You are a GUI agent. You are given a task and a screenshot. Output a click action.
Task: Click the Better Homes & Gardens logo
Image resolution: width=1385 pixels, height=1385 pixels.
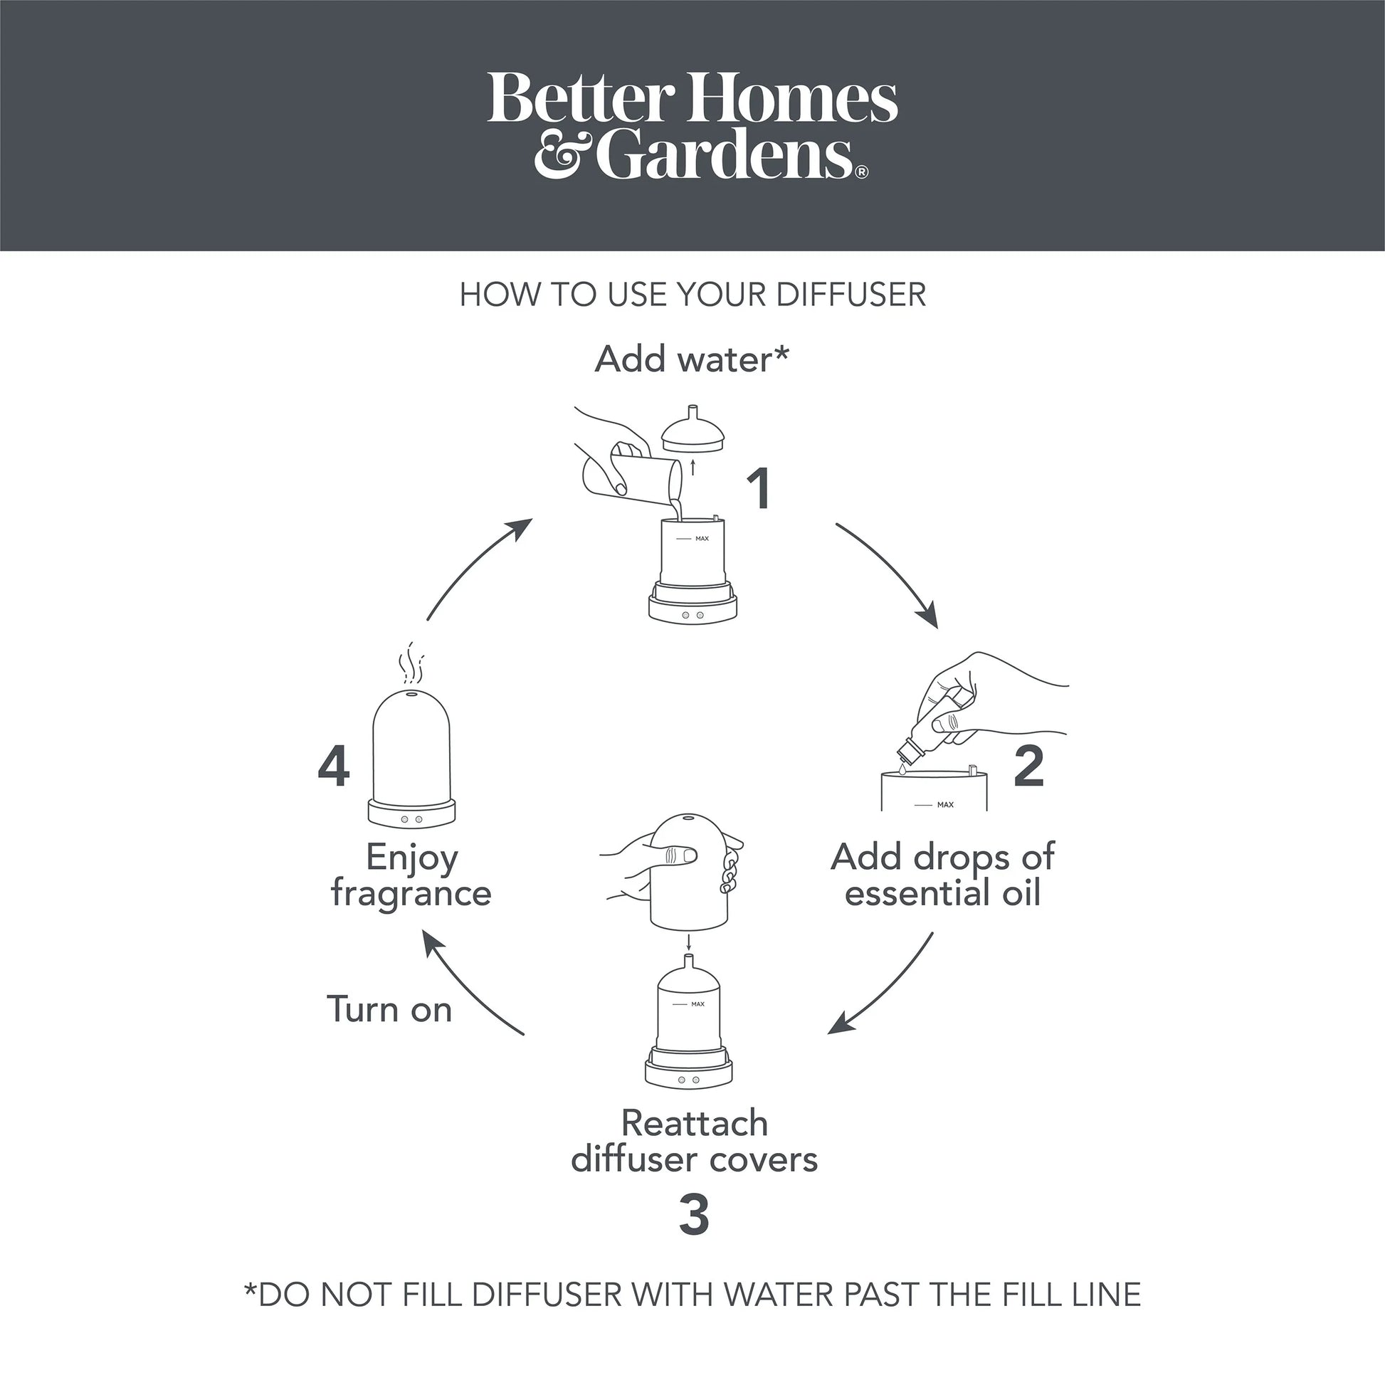pos(692,125)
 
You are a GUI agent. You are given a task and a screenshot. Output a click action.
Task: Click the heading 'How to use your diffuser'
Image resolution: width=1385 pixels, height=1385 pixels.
pos(692,295)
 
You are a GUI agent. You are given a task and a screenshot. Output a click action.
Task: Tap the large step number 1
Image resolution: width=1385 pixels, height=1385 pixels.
pos(759,489)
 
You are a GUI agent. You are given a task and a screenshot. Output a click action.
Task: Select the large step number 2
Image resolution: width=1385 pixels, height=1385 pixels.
pos(1029,767)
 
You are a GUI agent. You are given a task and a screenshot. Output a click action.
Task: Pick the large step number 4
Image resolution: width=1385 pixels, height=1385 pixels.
pos(333,767)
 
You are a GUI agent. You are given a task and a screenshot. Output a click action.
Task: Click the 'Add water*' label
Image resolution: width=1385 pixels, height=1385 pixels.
pos(692,359)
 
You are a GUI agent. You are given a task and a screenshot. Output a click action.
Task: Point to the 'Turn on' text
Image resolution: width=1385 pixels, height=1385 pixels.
pos(389,1009)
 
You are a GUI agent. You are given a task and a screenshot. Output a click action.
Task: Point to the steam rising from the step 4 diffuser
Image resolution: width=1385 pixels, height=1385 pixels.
pos(411,663)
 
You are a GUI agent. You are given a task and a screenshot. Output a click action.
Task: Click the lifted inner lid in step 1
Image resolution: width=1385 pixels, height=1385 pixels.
pos(692,432)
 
